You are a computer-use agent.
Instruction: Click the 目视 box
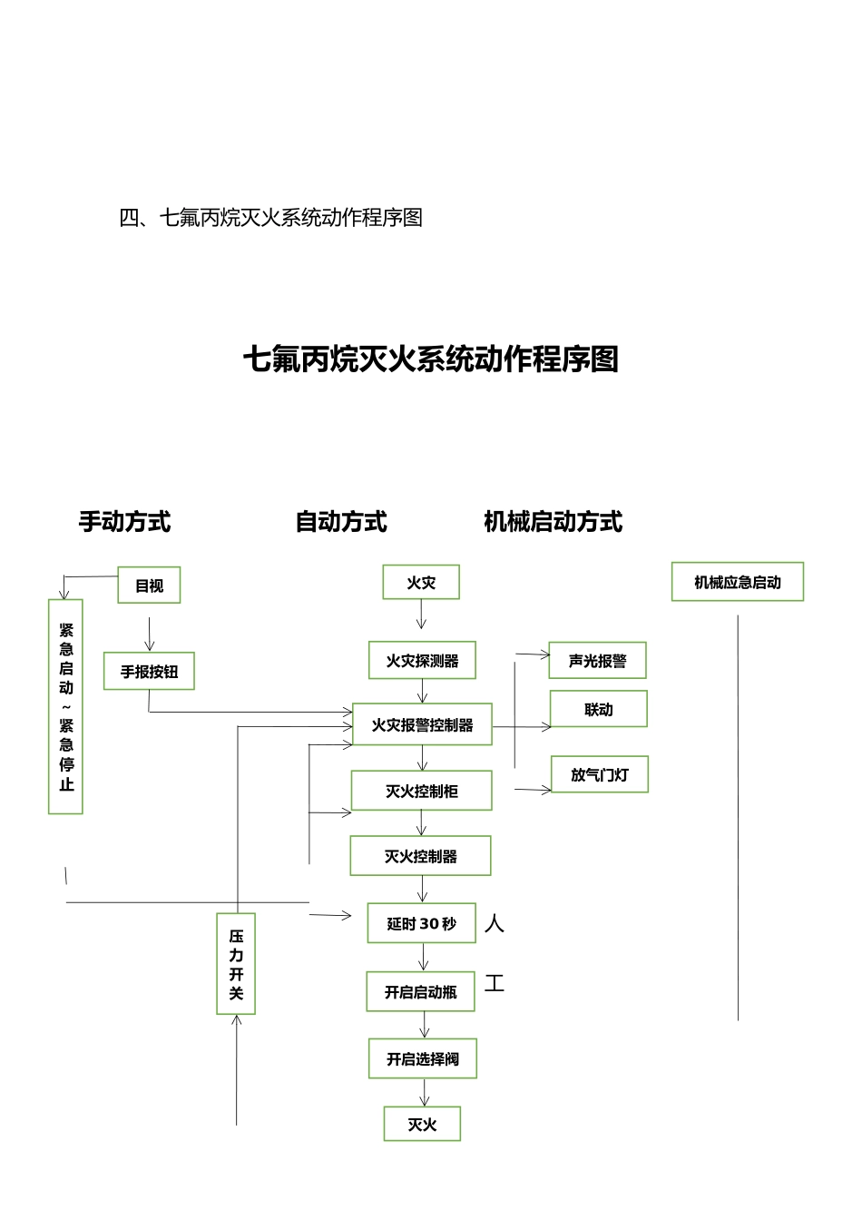[149, 585]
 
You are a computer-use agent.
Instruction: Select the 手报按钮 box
[149, 672]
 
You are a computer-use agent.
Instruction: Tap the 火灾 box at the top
[421, 583]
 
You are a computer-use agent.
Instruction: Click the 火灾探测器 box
[423, 661]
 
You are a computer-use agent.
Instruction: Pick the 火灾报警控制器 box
[422, 724]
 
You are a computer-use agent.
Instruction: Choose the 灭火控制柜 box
[422, 791]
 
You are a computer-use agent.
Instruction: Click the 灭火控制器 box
[421, 856]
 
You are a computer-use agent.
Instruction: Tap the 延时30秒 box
[422, 923]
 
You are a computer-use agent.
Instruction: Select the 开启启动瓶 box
[421, 992]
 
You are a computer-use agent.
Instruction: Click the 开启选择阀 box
[423, 1058]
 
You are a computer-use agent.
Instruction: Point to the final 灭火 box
[422, 1124]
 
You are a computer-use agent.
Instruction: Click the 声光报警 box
[597, 661]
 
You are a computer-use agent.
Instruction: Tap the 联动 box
[598, 709]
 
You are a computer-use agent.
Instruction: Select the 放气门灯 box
[599, 774]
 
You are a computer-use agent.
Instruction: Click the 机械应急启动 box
[737, 582]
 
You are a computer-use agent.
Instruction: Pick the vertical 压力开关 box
[236, 963]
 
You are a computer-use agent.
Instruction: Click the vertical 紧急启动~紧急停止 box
[65, 706]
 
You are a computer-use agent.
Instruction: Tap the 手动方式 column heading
[124, 522]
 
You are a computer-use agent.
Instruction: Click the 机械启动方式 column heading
[553, 522]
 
